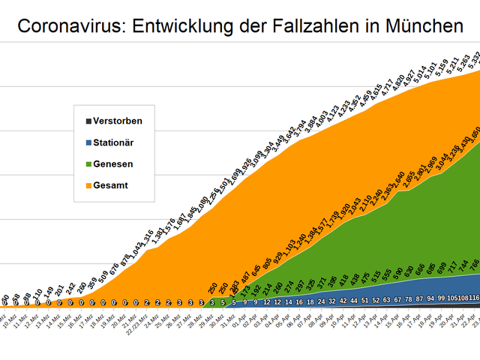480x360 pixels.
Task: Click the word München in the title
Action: [x=423, y=27]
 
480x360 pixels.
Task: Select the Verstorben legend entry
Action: [x=117, y=121]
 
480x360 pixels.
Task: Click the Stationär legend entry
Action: [x=114, y=142]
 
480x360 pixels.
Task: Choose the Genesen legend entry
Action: [x=113, y=163]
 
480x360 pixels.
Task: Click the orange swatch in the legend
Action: [x=88, y=185]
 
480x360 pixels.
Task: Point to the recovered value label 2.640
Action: [x=397, y=180]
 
